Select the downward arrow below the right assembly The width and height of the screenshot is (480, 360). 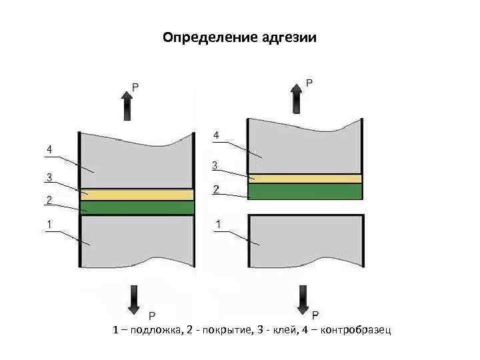(304, 299)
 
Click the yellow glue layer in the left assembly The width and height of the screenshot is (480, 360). (137, 194)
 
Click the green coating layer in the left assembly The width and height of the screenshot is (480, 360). (137, 207)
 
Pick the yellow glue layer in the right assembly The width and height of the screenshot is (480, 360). (305, 179)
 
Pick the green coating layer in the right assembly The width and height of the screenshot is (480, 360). (305, 191)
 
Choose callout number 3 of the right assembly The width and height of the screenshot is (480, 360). (215, 165)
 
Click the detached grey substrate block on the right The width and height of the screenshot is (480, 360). (305, 240)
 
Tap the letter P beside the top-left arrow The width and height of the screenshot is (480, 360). (135, 87)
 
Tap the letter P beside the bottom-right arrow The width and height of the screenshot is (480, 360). (315, 314)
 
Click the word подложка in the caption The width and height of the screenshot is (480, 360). (154, 330)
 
